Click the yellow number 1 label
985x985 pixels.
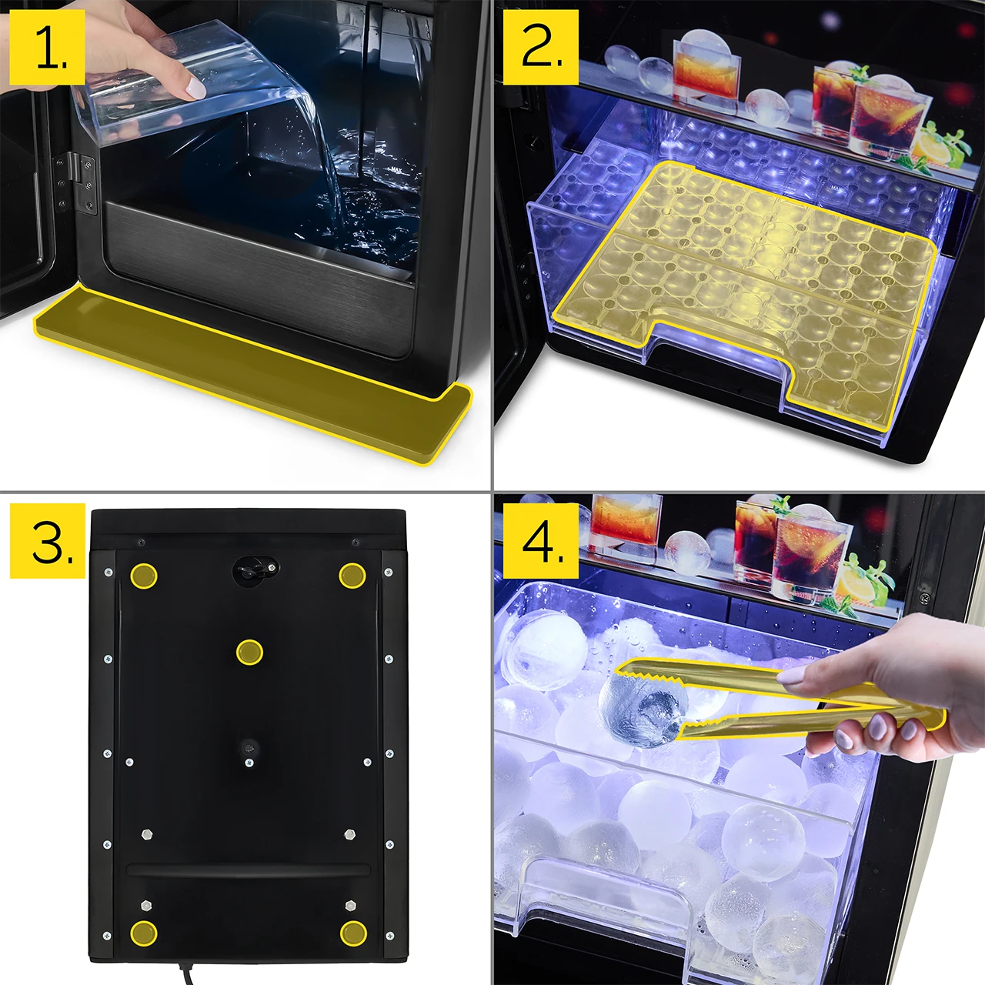47,47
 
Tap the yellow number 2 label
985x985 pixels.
541,47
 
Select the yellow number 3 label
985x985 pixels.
47,541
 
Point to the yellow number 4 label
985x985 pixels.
541,541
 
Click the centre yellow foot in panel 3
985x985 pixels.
249,653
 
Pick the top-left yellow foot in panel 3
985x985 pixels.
144,576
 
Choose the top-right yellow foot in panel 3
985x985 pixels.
352,575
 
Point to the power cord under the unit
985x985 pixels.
186,973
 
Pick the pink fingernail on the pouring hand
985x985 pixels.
195,87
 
